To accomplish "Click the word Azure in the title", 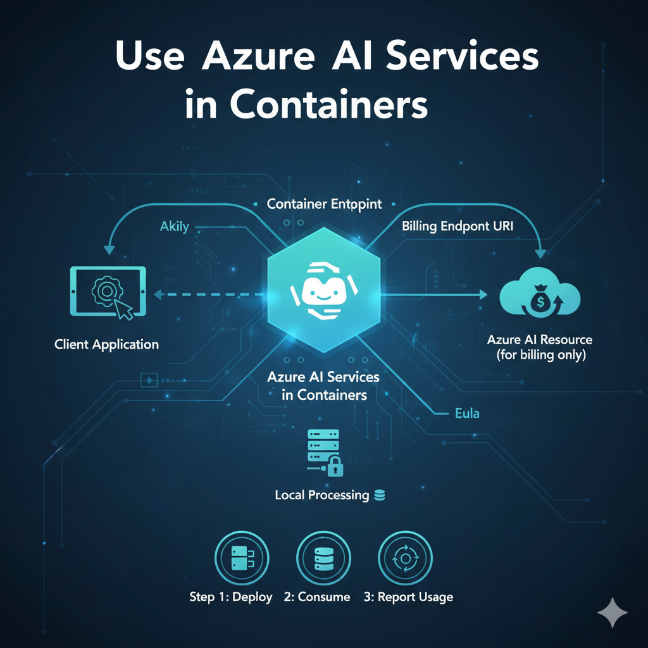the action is point(258,56).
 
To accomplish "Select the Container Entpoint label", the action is point(325,204).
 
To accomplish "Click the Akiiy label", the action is point(175,227).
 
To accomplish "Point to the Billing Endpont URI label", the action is point(458,226).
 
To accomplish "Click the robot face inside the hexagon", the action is point(323,290).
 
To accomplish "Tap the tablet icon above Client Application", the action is point(108,292).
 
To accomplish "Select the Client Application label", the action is point(106,344).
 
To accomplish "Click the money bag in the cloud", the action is point(540,301).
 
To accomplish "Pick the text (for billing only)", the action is point(542,355).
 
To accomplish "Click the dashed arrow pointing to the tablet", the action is point(208,295).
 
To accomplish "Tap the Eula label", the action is point(467,413).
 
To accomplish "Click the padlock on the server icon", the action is point(335,466).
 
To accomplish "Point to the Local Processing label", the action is point(322,495).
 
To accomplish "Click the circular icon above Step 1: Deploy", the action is point(242,558).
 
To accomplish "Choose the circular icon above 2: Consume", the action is point(323,558).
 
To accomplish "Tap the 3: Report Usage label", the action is point(408,597).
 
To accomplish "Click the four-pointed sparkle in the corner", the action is point(613,613).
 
